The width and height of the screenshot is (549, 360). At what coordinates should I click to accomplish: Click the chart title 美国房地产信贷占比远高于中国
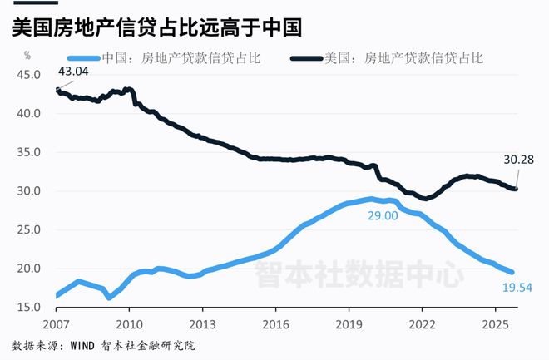pos(156,27)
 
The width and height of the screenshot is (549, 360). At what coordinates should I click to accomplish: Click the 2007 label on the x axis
pos(55,324)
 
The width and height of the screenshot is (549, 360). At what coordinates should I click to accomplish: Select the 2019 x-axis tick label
pos(349,324)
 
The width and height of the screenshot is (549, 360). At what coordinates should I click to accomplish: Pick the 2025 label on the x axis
pos(496,324)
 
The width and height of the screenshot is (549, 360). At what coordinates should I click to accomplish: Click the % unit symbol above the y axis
pos(27,56)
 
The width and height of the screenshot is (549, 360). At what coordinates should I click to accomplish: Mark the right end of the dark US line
pos(516,189)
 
